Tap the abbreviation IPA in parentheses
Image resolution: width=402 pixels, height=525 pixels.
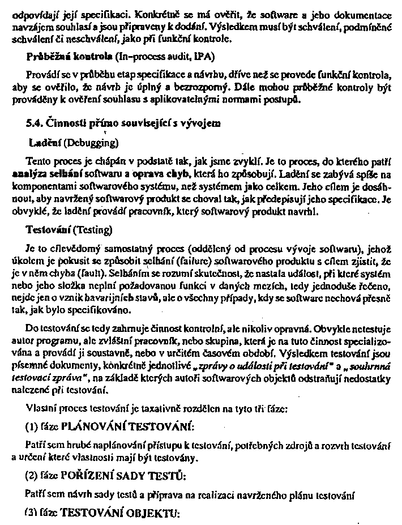pos(202,58)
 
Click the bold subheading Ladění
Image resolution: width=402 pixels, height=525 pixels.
pos(46,140)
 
